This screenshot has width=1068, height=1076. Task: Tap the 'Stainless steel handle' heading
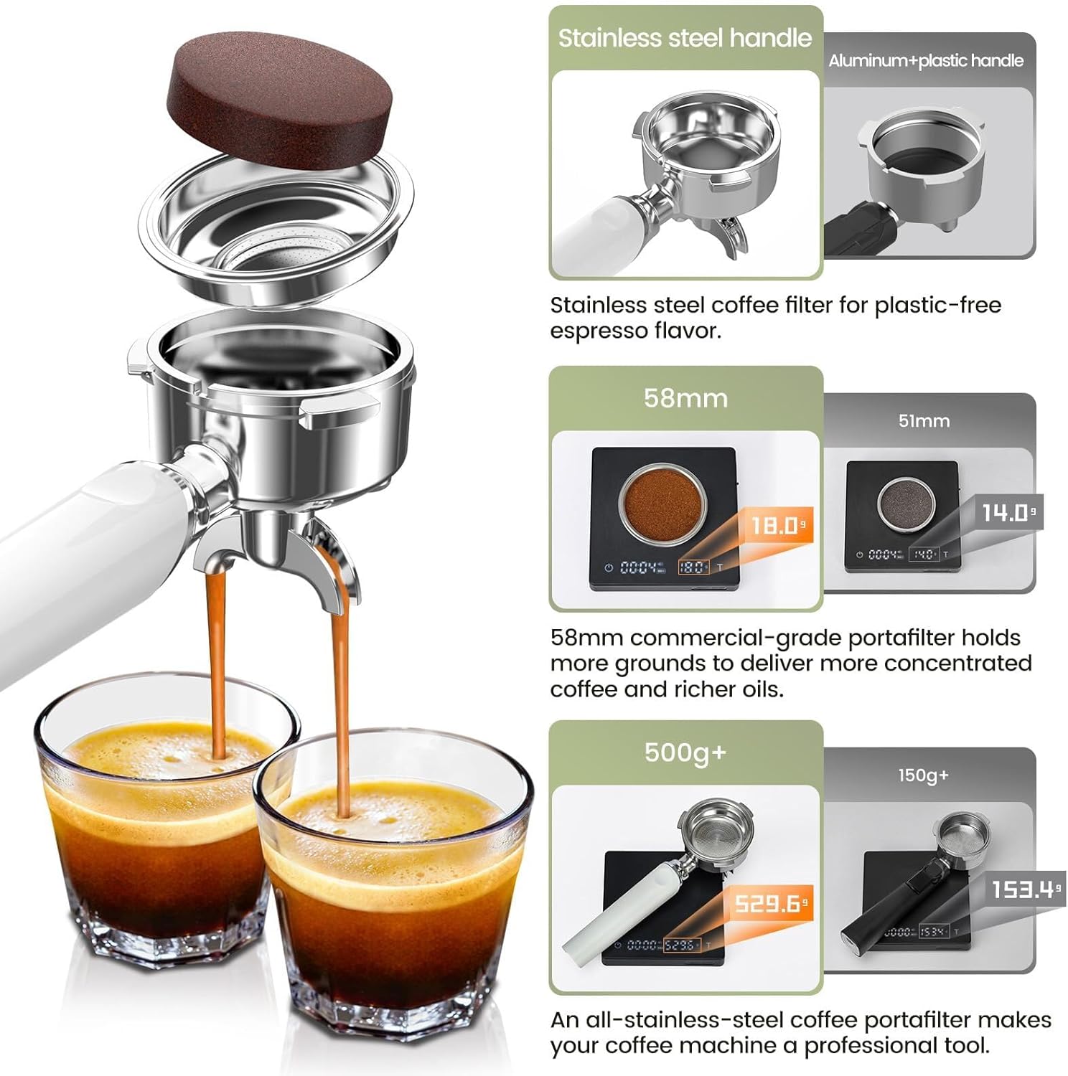tap(685, 38)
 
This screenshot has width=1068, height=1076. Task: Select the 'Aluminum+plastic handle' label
tap(926, 61)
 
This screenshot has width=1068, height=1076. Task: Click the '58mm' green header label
tap(685, 398)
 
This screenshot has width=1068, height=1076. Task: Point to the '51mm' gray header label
tap(924, 421)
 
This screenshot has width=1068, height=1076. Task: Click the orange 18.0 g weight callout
tap(777, 526)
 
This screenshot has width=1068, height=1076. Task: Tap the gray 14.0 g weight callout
tap(1008, 512)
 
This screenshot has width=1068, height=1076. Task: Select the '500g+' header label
tap(685, 752)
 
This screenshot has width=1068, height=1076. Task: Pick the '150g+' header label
tap(924, 775)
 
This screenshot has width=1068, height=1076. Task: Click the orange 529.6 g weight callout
tap(771, 903)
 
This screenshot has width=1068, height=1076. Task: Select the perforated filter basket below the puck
tap(276, 230)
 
